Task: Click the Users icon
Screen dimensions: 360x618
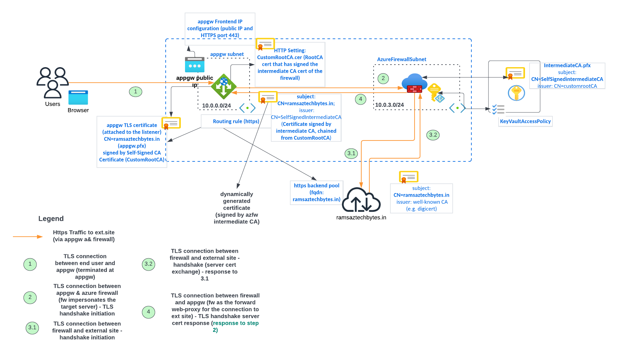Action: [52, 82]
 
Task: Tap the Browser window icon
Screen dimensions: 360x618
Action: [78, 98]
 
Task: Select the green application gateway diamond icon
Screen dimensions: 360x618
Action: [224, 87]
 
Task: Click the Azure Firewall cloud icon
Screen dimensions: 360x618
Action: [414, 83]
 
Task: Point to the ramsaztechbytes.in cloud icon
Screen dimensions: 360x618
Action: [361, 200]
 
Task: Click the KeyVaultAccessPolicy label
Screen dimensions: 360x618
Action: [525, 121]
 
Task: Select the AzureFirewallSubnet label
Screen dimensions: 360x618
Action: [401, 59]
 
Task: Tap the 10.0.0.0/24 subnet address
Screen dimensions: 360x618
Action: [216, 106]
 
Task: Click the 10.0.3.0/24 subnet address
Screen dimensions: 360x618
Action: [389, 105]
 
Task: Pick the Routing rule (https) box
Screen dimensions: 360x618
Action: [236, 121]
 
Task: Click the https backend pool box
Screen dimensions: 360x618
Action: [316, 192]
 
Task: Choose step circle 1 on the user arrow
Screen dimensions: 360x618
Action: [136, 92]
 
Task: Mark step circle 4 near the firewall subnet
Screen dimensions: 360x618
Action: [360, 99]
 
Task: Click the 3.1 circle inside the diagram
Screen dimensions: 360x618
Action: [351, 153]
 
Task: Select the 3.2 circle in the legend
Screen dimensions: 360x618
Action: [149, 264]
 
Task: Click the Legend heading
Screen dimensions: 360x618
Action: [51, 219]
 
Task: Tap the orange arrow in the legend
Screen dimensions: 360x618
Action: [28, 237]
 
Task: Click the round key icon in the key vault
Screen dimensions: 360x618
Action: [516, 93]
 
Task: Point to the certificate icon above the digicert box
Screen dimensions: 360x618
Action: [408, 177]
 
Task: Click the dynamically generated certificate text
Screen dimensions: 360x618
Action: [236, 208]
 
